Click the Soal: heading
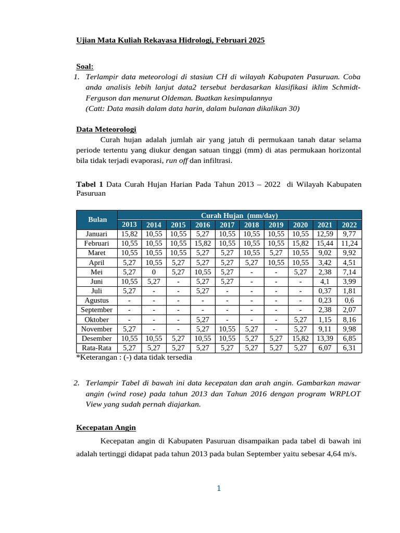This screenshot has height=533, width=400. (x=85, y=67)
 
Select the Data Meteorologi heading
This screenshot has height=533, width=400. (x=106, y=129)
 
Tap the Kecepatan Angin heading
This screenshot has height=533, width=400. (x=106, y=427)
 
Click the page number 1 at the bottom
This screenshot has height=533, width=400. (x=219, y=488)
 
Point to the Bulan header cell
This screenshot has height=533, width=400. (x=97, y=220)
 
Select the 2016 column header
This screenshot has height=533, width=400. (x=203, y=225)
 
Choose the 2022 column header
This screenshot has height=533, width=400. (x=349, y=225)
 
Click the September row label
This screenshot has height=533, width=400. (x=97, y=310)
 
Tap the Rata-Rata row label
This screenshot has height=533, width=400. (x=97, y=348)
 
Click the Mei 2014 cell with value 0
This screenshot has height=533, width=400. (x=154, y=272)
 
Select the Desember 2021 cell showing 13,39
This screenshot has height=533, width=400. (x=325, y=338)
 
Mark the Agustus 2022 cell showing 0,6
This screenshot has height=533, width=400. (x=349, y=300)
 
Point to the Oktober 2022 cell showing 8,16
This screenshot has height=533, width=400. (x=349, y=319)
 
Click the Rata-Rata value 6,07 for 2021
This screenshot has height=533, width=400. (x=325, y=348)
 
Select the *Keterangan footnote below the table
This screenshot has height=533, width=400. (x=134, y=358)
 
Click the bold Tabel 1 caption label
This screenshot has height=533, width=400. (x=90, y=184)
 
